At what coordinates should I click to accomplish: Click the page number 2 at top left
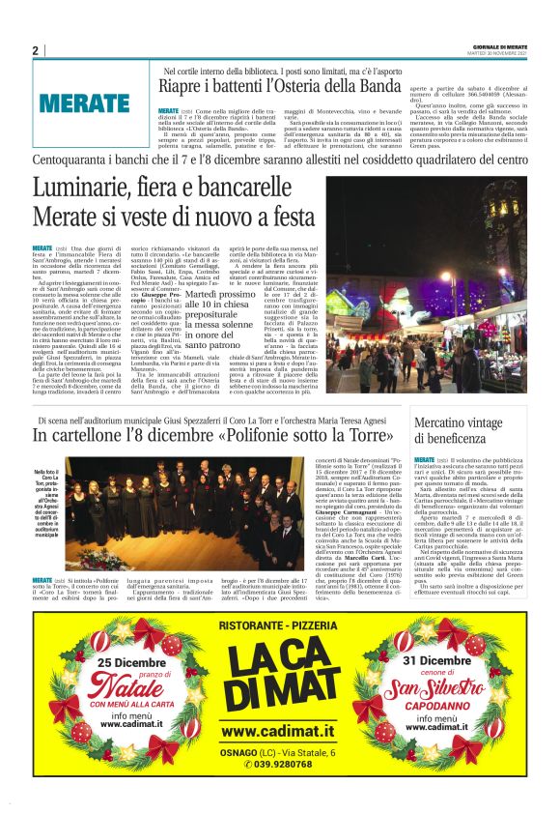[35, 50]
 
